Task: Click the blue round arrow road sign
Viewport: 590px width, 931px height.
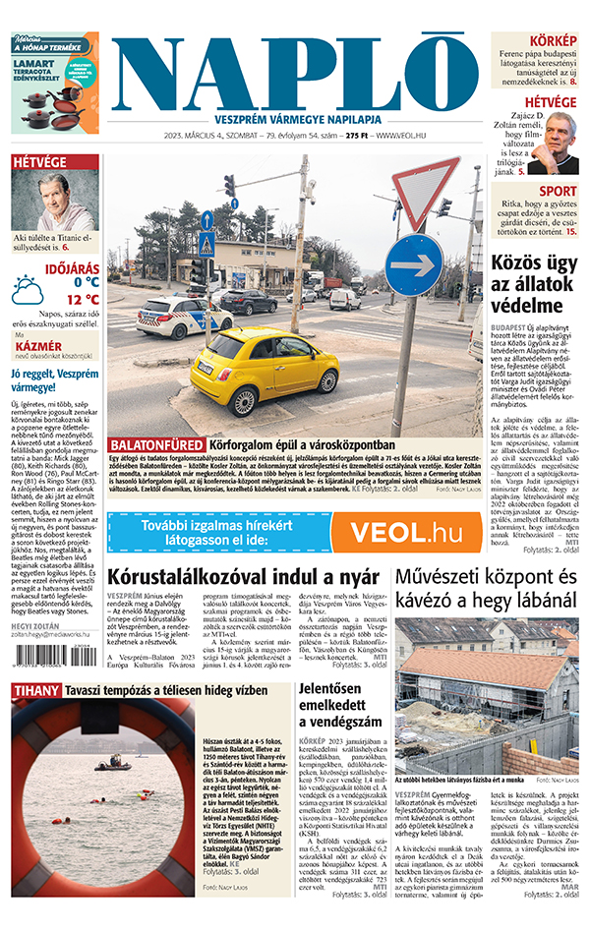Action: tap(413, 263)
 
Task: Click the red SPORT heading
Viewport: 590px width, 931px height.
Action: tap(558, 191)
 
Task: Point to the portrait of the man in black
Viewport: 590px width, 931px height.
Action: tap(560, 143)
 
